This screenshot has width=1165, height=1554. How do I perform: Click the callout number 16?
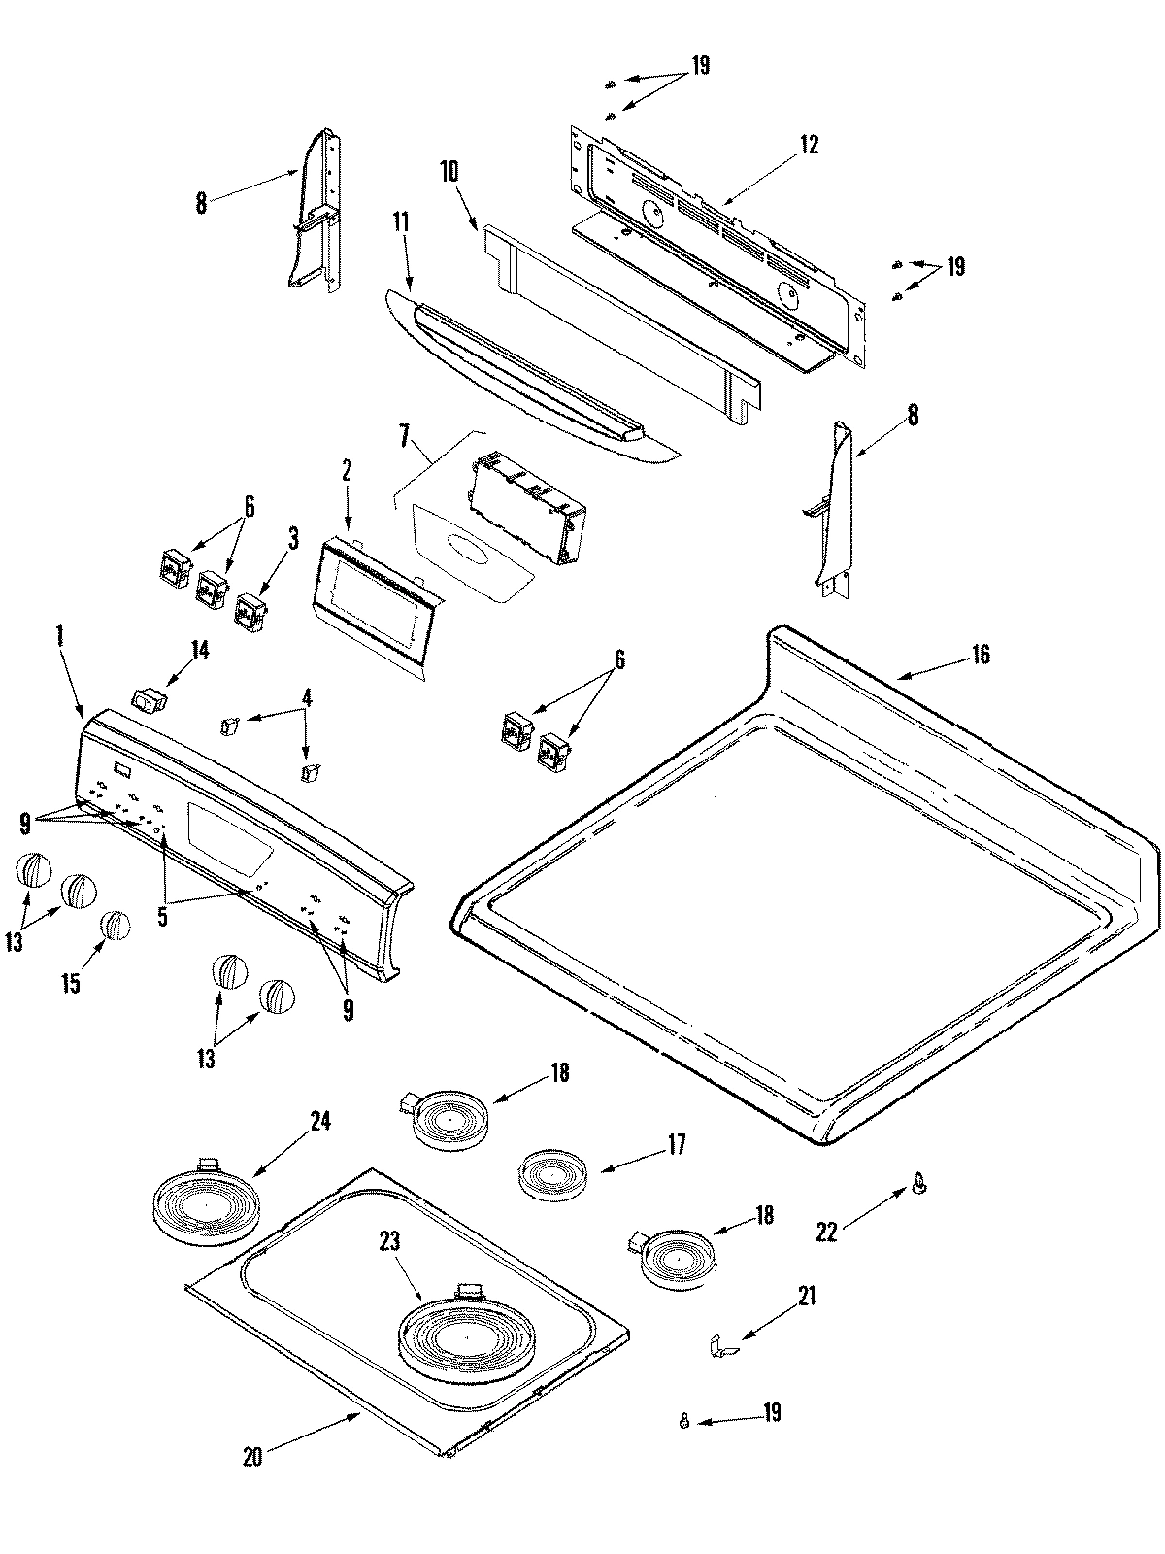click(x=981, y=655)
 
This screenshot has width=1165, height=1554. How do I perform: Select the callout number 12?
click(x=809, y=145)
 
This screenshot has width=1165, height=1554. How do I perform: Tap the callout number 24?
click(x=320, y=1121)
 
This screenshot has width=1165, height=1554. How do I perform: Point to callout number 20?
click(x=252, y=1457)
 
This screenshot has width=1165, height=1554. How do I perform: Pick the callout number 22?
click(x=826, y=1233)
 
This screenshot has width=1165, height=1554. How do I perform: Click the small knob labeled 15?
click(x=116, y=925)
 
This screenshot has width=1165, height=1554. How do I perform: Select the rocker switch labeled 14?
click(x=149, y=698)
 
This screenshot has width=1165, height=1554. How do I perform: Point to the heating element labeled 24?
click(x=207, y=1204)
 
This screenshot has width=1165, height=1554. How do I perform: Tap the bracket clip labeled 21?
click(x=721, y=1346)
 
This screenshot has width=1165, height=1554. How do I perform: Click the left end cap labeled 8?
click(x=316, y=214)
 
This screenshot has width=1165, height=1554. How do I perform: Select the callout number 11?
click(x=401, y=221)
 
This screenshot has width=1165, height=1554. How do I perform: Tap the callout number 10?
click(x=449, y=172)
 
